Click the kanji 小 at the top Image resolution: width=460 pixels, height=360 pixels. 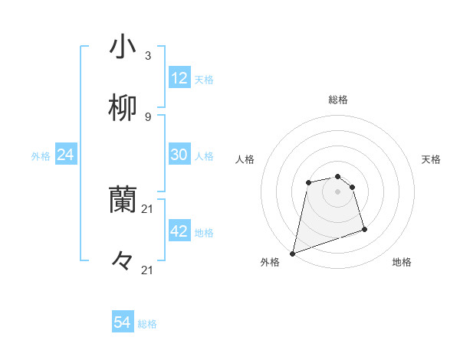(123, 47)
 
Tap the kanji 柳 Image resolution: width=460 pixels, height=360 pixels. (123, 107)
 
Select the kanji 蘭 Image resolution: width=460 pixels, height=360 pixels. (123, 200)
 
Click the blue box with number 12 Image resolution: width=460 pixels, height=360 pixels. (179, 78)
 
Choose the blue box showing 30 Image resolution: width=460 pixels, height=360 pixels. (179, 155)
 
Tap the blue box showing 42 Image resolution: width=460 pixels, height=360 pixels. (179, 231)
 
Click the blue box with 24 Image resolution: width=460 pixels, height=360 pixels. (66, 155)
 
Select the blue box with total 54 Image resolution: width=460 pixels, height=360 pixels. (123, 323)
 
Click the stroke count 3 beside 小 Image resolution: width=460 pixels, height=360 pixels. (148, 56)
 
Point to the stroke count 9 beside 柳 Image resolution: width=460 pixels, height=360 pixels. (148, 116)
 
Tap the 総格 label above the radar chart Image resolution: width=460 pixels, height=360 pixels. (338, 100)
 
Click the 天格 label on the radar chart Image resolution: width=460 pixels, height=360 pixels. (431, 159)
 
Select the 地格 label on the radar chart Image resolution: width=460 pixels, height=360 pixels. (402, 263)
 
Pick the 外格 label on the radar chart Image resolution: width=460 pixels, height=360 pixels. (270, 263)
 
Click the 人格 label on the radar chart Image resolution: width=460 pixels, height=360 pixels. (245, 159)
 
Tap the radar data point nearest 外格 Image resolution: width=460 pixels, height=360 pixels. (292, 253)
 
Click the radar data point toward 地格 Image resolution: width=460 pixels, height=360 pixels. (364, 229)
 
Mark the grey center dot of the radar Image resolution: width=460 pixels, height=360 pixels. (338, 191)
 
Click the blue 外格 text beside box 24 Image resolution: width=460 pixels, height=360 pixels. (41, 155)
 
